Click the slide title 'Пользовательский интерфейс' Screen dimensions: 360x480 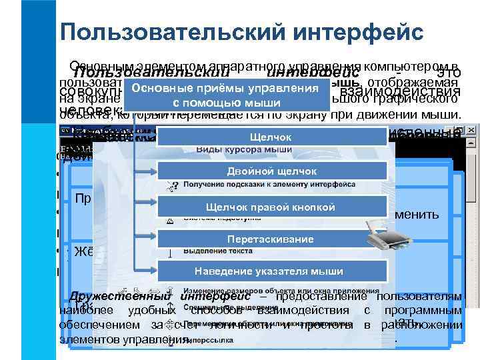coord(241,31)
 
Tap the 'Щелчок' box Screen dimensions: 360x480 coord(271,137)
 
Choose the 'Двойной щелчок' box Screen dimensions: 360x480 coord(271,171)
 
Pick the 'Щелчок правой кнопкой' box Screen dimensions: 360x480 coord(271,207)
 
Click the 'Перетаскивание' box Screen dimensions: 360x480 coord(271,239)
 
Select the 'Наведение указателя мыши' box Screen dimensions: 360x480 coord(271,271)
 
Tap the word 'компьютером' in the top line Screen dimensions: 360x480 coord(421,66)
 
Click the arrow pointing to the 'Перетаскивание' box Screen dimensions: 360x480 coord(146,239)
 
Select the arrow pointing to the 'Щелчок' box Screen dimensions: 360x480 coord(146,137)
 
